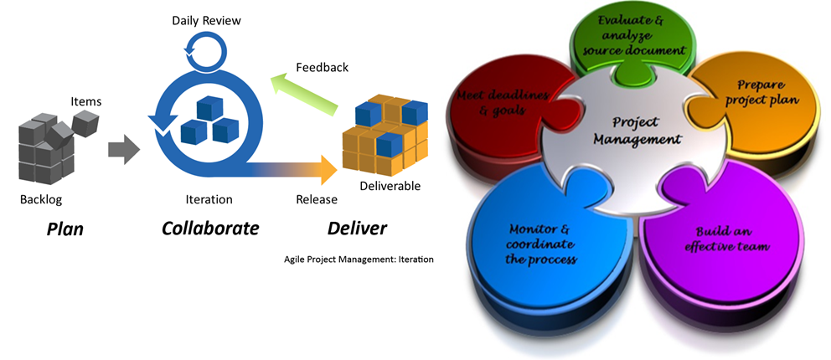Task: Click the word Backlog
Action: point(41,199)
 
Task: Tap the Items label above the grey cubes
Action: point(85,102)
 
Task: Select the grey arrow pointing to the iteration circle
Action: point(123,151)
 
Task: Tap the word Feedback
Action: point(323,67)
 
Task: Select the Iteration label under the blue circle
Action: point(209,199)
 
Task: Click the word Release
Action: point(317,199)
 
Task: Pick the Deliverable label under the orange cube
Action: point(390,186)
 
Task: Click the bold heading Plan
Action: point(65,229)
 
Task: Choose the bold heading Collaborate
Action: point(210,229)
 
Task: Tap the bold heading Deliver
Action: point(357,229)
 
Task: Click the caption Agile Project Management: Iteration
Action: point(359,259)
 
